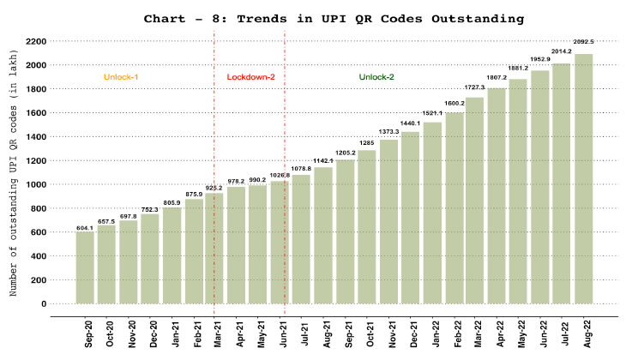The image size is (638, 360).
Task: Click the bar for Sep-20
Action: click(85, 267)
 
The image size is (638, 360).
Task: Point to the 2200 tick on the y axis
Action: click(35, 41)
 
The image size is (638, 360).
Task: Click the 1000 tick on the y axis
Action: click(35, 184)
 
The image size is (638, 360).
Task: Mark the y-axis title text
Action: click(15, 185)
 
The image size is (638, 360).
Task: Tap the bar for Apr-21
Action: click(237, 245)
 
